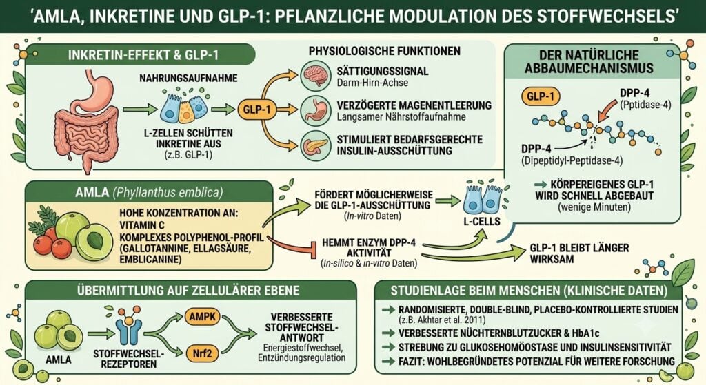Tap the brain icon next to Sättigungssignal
coord(315,75)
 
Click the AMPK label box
coord(202,317)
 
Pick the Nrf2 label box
coord(202,353)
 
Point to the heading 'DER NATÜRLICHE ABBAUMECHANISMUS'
coord(589,61)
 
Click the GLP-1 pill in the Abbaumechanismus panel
coord(541,96)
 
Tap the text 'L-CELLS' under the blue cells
coord(482,221)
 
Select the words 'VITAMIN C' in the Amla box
coord(142,225)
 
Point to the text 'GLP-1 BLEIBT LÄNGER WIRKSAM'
coord(579,253)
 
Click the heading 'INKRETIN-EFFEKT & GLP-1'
coord(143,55)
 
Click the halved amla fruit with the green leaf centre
coord(94,242)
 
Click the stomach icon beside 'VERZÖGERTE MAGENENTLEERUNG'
coord(315,110)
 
